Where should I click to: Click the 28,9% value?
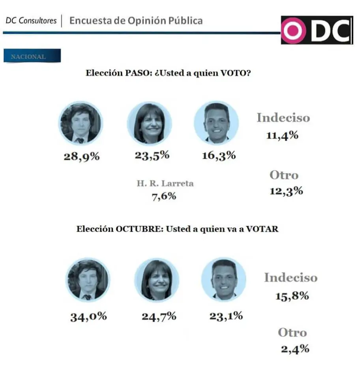(x=82, y=157)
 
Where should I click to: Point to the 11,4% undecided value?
(x=282, y=136)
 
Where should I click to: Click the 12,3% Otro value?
(x=286, y=191)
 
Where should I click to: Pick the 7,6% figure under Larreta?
(x=164, y=196)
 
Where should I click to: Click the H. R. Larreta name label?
(x=165, y=183)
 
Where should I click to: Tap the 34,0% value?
(x=89, y=316)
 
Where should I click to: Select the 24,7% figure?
(x=158, y=316)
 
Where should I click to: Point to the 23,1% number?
(x=225, y=316)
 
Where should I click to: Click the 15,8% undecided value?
(x=292, y=296)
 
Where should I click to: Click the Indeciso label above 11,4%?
(x=283, y=118)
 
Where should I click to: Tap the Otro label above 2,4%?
(x=292, y=332)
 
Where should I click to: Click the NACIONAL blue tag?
(x=32, y=56)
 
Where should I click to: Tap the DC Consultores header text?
(x=31, y=21)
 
